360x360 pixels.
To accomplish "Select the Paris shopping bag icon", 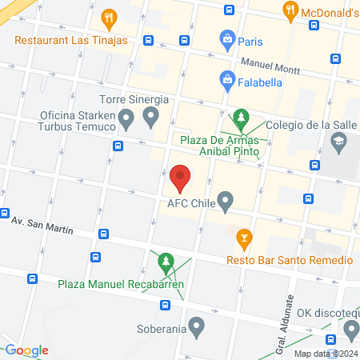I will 228,39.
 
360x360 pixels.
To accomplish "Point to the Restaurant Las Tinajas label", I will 70,39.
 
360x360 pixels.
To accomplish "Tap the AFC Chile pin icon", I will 226,199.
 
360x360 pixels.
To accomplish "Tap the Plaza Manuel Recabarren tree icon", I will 166,260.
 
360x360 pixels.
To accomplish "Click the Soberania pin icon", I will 197,326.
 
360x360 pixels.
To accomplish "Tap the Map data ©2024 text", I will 325,354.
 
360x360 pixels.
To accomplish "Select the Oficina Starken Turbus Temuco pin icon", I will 125,120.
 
